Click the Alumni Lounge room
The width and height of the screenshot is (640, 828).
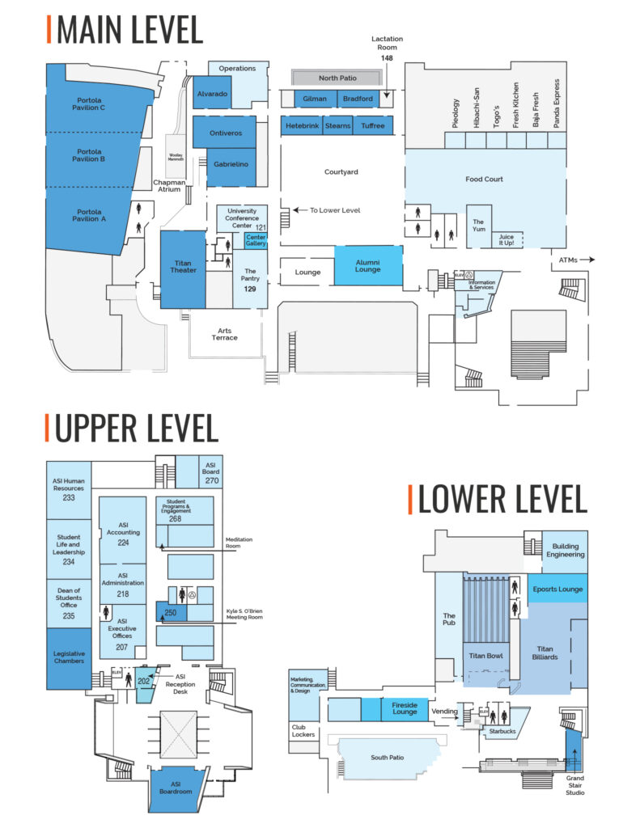[x=368, y=266]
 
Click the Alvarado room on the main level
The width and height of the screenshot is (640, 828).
[x=212, y=94]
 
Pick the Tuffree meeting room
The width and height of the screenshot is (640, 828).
[x=373, y=126]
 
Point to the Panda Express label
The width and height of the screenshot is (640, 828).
[x=556, y=104]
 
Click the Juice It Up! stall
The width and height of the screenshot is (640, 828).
[x=506, y=239]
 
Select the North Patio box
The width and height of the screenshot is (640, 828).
[x=337, y=78]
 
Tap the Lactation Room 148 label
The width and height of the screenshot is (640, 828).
[x=387, y=49]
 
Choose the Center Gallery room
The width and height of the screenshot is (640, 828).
[x=256, y=240]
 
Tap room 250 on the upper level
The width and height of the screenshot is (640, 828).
[x=171, y=612]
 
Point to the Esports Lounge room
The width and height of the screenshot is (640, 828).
[x=558, y=589]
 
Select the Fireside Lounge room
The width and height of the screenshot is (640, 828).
[x=404, y=708]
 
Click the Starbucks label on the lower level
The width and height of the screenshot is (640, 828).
[x=502, y=730]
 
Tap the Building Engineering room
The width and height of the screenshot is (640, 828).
[x=565, y=551]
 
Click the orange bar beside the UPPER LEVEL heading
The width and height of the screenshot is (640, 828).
[x=49, y=428]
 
